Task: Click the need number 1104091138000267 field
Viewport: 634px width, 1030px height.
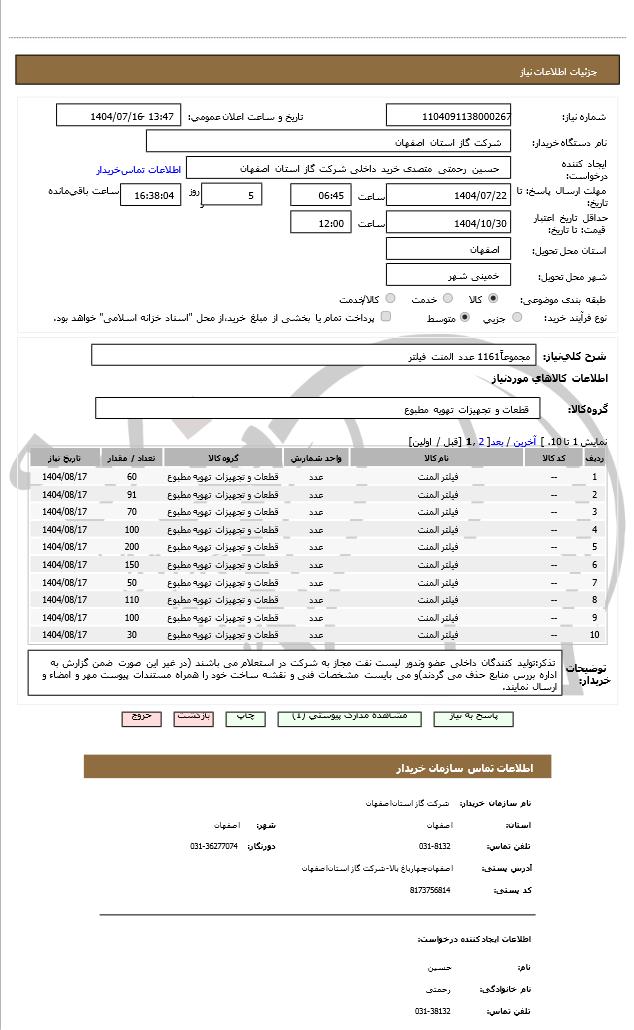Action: (448, 116)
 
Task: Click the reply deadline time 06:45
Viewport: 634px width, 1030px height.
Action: (321, 195)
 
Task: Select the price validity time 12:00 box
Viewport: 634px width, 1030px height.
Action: (321, 223)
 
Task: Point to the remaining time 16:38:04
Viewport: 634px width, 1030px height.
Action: (151, 196)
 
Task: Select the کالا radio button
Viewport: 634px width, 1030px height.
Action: (493, 298)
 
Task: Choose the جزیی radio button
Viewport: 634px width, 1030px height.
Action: (517, 317)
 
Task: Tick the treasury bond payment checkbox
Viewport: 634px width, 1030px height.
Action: (386, 317)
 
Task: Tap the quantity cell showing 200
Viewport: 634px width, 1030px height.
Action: (132, 547)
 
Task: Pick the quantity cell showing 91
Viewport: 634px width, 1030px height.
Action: (132, 495)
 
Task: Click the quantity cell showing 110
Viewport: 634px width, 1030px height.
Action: (132, 600)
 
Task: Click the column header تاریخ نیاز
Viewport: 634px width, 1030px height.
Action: (65, 458)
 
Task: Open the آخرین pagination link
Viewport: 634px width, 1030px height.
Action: (523, 441)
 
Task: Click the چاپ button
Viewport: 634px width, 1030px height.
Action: (245, 717)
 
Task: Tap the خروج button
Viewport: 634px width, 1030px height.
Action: (141, 717)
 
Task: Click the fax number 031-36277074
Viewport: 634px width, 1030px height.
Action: (214, 846)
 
